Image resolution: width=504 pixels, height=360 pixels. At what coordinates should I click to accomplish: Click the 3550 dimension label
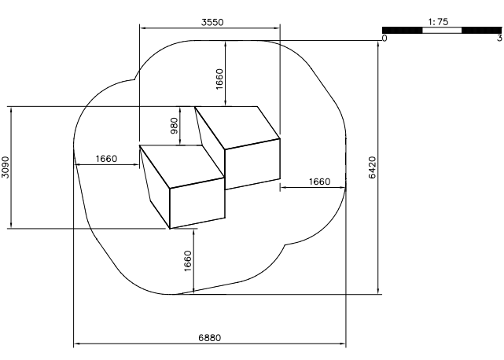click(212, 22)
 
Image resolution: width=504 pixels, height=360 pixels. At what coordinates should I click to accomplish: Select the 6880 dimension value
click(210, 338)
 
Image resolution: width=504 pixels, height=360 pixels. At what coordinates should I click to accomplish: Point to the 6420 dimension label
click(372, 167)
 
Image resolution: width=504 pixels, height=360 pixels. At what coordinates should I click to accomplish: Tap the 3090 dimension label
click(6, 167)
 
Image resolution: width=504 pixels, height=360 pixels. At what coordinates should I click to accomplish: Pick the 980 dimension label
click(174, 126)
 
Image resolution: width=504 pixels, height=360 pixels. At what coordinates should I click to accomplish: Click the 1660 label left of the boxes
click(106, 159)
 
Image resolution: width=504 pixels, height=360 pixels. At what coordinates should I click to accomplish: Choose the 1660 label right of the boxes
click(319, 182)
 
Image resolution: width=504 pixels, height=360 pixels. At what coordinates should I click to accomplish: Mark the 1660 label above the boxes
click(219, 79)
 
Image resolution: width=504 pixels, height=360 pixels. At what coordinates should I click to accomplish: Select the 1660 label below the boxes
click(188, 261)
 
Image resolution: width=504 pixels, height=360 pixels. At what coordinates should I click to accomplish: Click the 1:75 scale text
click(438, 22)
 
